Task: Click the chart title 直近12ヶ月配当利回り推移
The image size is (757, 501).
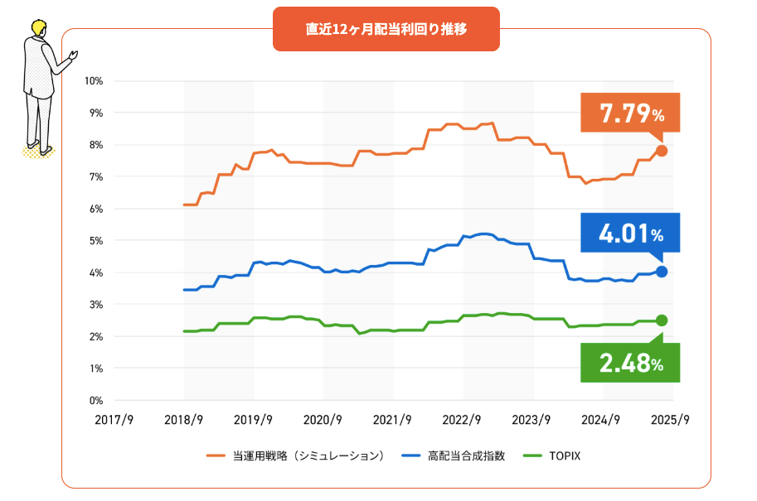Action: [386, 29]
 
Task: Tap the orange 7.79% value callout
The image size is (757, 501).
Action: [630, 113]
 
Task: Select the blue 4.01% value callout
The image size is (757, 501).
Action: [630, 233]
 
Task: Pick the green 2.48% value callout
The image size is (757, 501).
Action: [630, 362]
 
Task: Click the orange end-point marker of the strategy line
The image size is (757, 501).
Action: [662, 151]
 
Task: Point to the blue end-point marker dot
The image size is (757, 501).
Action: [662, 272]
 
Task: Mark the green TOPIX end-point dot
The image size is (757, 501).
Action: [662, 320]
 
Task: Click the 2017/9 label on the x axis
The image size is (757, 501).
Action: [114, 419]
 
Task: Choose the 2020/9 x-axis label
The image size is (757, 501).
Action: [323, 419]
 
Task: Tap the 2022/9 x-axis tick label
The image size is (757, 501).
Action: [463, 419]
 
